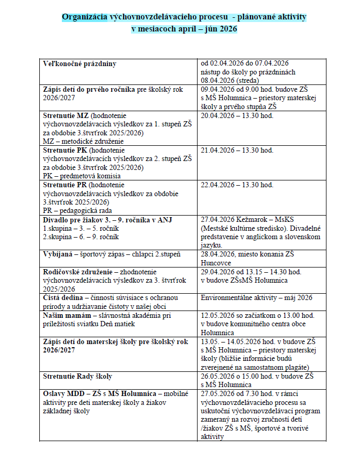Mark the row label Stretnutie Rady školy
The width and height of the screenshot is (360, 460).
pyautogui.click(x=77, y=376)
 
